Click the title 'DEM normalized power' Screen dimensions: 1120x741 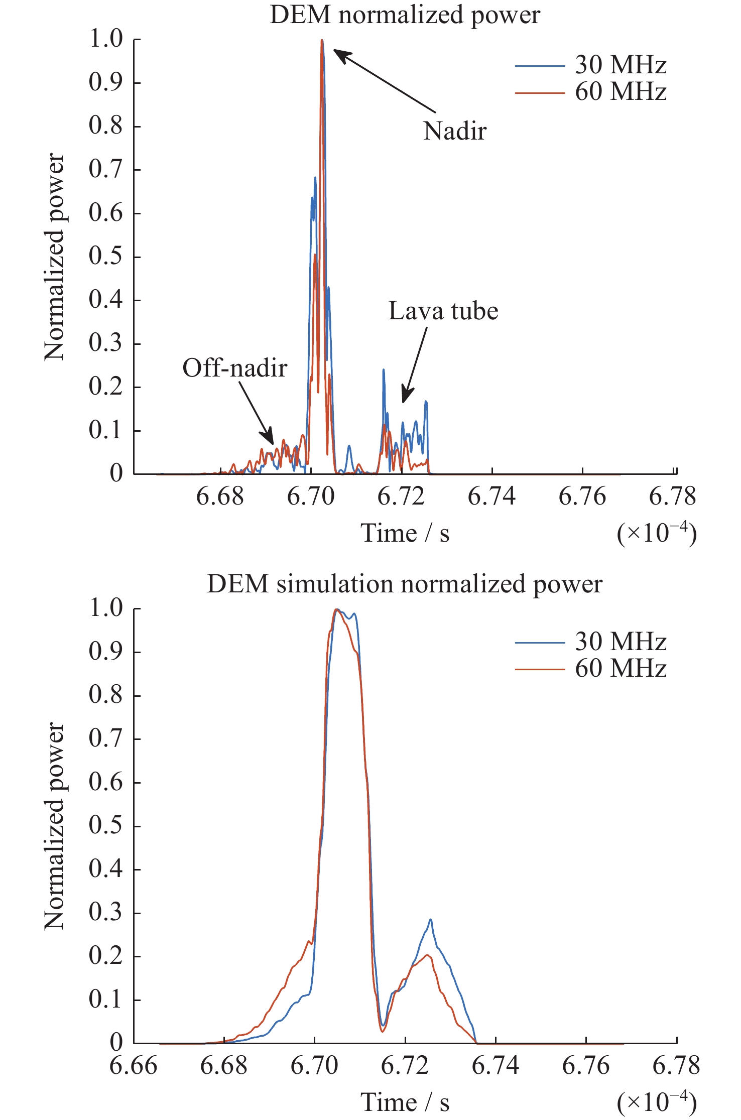pyautogui.click(x=405, y=15)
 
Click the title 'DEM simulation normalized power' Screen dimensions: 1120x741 pyautogui.click(x=405, y=584)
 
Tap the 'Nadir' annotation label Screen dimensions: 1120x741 pyautogui.click(x=455, y=132)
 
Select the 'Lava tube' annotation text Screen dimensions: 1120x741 pyautogui.click(x=443, y=311)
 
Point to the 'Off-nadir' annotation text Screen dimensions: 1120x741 pyautogui.click(x=235, y=368)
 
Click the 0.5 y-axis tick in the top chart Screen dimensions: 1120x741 pyautogui.click(x=105, y=256)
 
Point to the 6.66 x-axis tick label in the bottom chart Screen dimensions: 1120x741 pyautogui.click(x=134, y=1065)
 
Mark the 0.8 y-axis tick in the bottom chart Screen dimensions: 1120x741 pyautogui.click(x=105, y=695)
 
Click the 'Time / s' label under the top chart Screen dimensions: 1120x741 pyautogui.click(x=405, y=533)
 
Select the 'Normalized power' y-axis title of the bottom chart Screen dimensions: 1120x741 pyautogui.click(x=54, y=826)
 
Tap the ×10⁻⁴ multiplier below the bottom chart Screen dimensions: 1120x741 pyautogui.click(x=657, y=1102)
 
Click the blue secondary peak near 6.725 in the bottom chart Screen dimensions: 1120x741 pyautogui.click(x=430, y=920)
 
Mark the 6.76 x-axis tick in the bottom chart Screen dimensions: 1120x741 pyautogui.click(x=585, y=1065)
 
